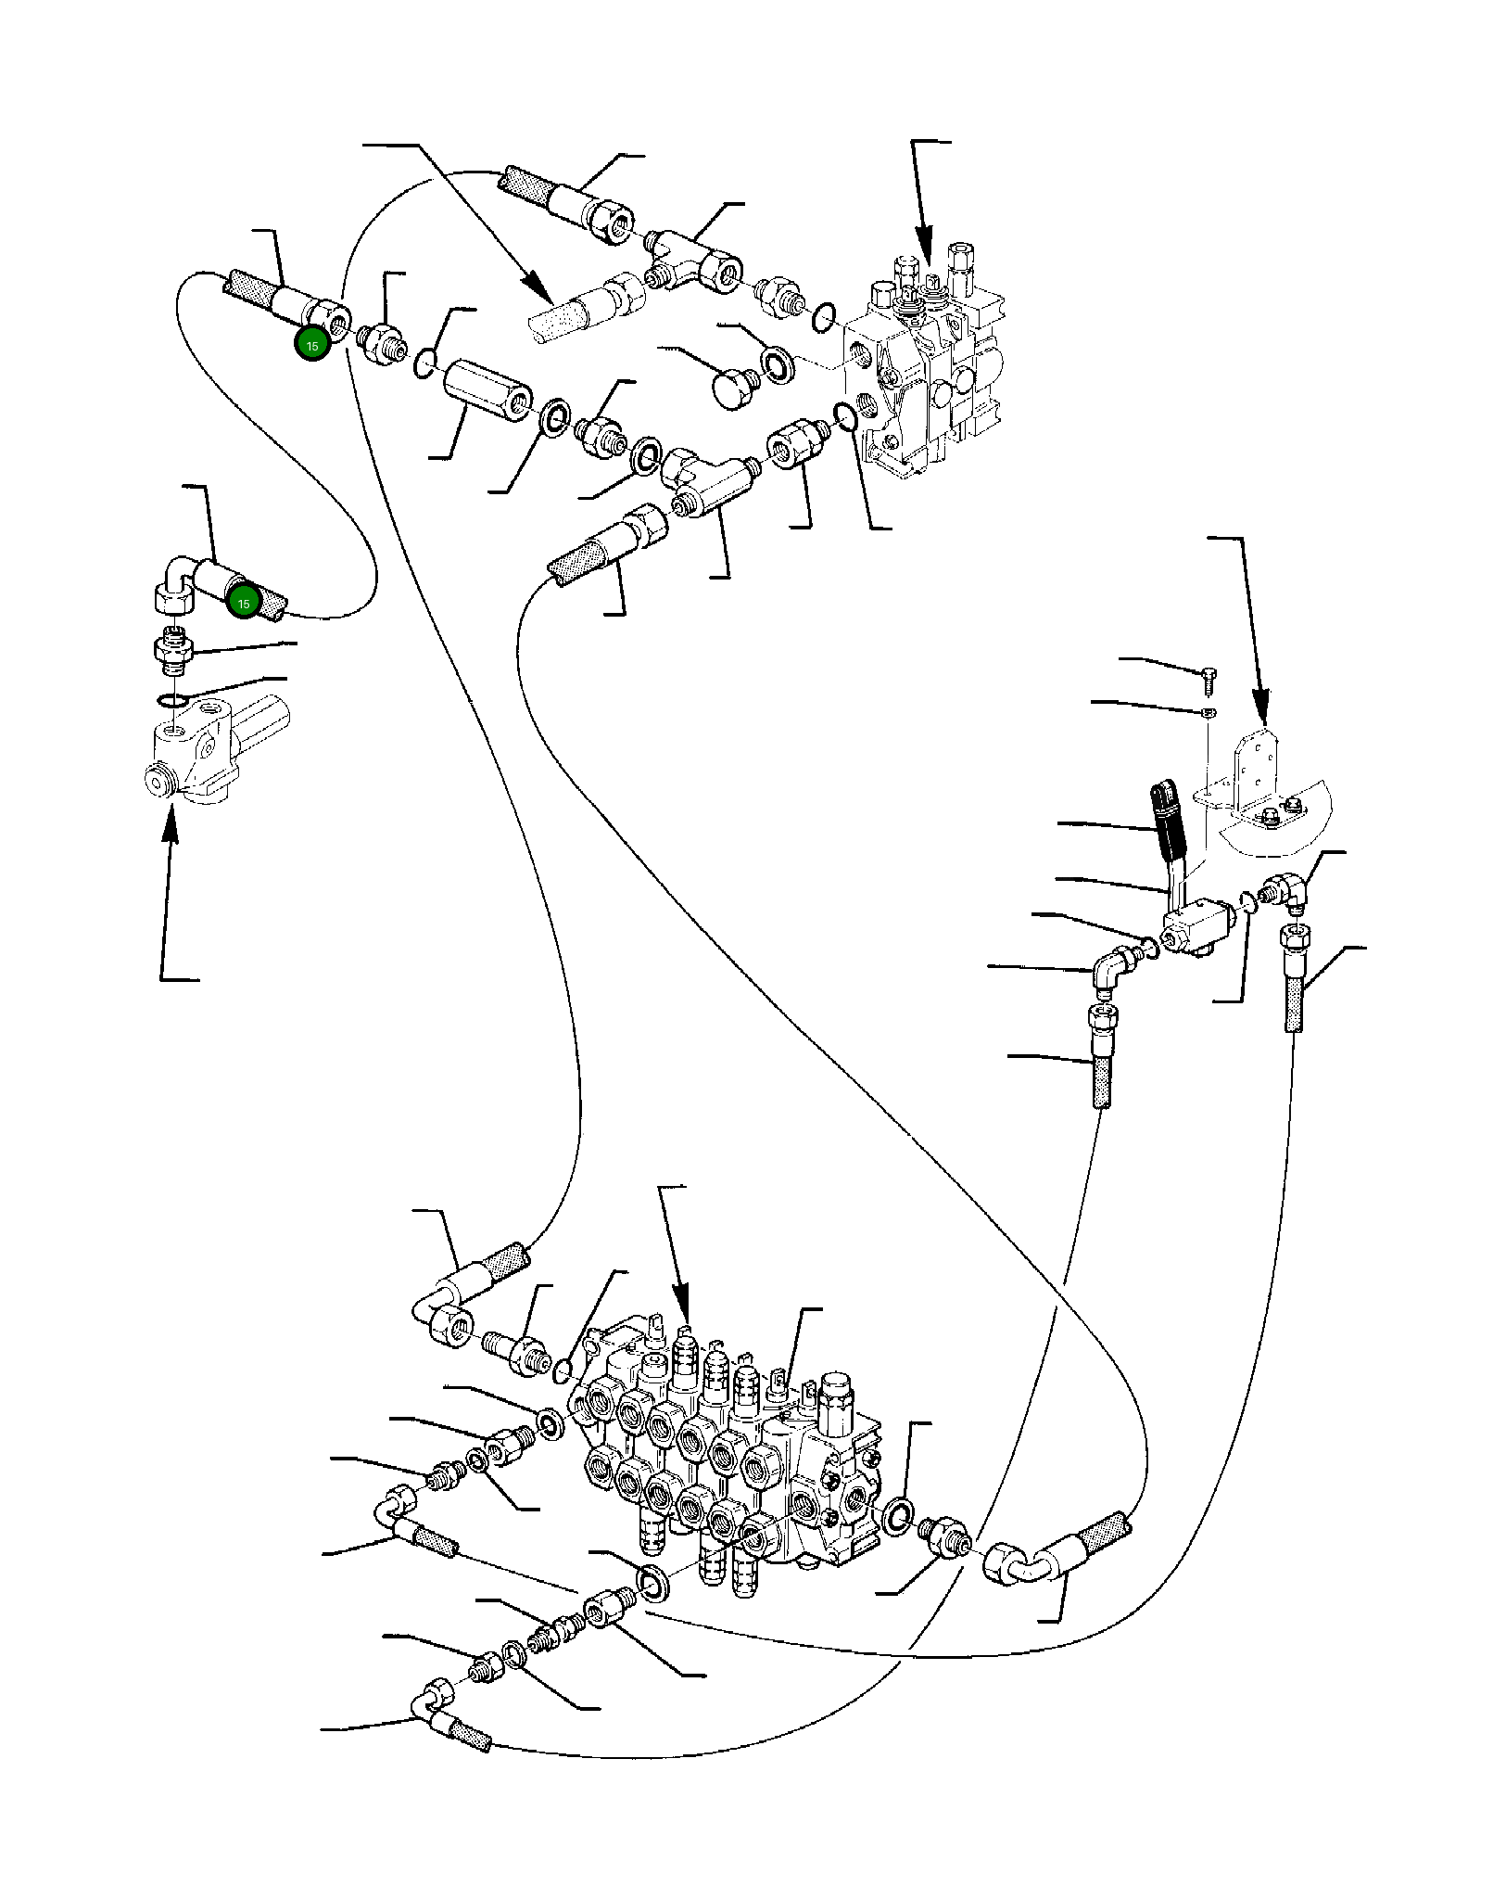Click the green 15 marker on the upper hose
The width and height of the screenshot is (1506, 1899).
click(311, 345)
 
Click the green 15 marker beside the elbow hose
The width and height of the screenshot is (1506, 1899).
click(243, 604)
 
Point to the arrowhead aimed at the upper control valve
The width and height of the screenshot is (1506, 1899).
click(923, 260)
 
